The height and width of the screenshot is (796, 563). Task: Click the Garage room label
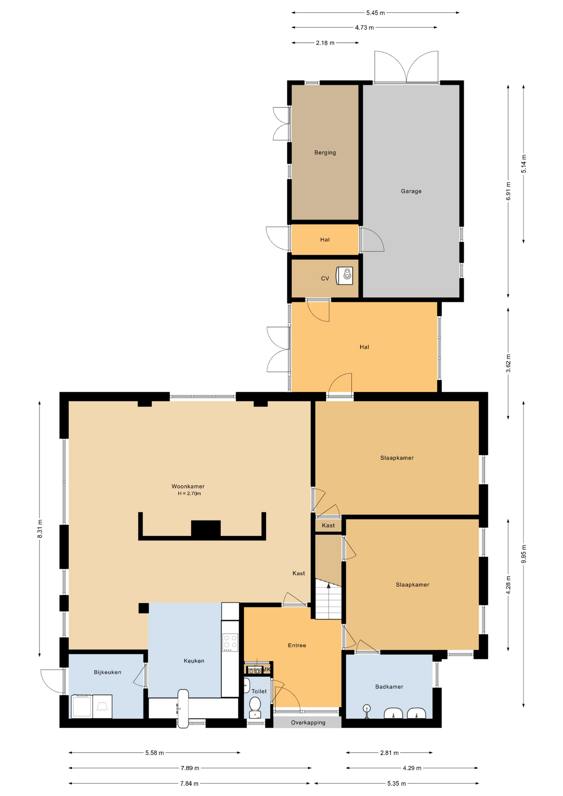click(x=411, y=191)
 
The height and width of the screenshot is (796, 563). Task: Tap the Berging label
click(x=325, y=153)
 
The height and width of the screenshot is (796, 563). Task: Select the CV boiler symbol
click(x=344, y=276)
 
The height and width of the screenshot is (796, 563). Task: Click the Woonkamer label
click(x=188, y=486)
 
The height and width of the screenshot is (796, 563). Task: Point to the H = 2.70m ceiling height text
click(x=189, y=494)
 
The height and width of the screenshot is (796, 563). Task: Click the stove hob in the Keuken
click(x=230, y=642)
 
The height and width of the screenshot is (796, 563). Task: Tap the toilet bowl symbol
click(x=255, y=707)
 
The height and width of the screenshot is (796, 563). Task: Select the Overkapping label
click(x=308, y=723)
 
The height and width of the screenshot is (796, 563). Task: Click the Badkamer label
click(x=389, y=687)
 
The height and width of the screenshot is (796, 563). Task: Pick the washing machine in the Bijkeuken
click(x=82, y=706)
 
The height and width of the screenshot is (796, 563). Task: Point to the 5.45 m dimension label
click(x=375, y=13)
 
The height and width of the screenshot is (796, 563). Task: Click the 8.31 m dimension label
click(x=40, y=529)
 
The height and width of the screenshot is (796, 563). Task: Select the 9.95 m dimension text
click(x=524, y=554)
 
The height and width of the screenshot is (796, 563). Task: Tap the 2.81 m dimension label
click(x=389, y=752)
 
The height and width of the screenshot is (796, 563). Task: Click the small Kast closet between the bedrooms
click(x=328, y=525)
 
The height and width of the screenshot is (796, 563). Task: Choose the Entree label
click(x=297, y=646)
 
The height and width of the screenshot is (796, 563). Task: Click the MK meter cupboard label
click(x=267, y=670)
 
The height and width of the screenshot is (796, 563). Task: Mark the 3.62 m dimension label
click(x=508, y=364)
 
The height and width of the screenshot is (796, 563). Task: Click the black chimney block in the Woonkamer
click(x=206, y=529)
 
